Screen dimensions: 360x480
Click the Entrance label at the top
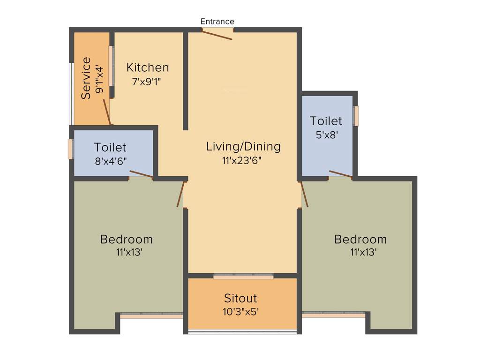(217, 22)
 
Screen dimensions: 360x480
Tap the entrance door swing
(217, 34)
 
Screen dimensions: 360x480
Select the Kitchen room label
(148, 67)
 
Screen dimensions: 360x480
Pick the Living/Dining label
(243, 146)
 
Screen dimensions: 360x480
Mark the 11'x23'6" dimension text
(242, 160)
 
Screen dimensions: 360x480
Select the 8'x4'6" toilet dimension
(110, 161)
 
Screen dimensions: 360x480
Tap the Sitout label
(240, 298)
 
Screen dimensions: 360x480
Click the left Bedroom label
(127, 239)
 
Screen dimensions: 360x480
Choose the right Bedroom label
(360, 239)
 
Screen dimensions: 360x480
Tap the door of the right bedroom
(304, 194)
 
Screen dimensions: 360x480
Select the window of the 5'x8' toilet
(356, 116)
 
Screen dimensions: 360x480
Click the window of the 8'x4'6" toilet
(71, 149)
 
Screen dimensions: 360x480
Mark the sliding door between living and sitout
(243, 277)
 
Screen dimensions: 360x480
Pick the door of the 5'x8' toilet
(340, 175)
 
